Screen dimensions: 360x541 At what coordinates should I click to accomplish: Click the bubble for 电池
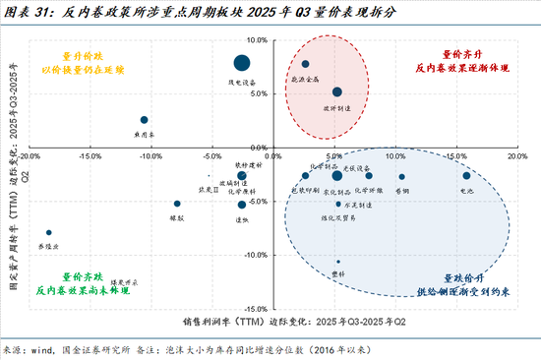(466, 176)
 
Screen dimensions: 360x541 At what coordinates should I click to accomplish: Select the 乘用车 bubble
(145, 119)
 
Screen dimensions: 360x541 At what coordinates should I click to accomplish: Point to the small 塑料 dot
(337, 262)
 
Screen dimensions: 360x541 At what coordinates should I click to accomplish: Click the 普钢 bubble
(402, 177)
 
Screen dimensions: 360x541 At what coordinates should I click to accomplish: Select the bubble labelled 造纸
(241, 205)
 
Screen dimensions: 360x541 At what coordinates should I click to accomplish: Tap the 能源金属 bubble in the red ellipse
(305, 64)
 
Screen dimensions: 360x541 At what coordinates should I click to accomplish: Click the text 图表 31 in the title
(27, 12)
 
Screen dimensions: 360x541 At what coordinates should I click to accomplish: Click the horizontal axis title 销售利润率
(210, 322)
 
